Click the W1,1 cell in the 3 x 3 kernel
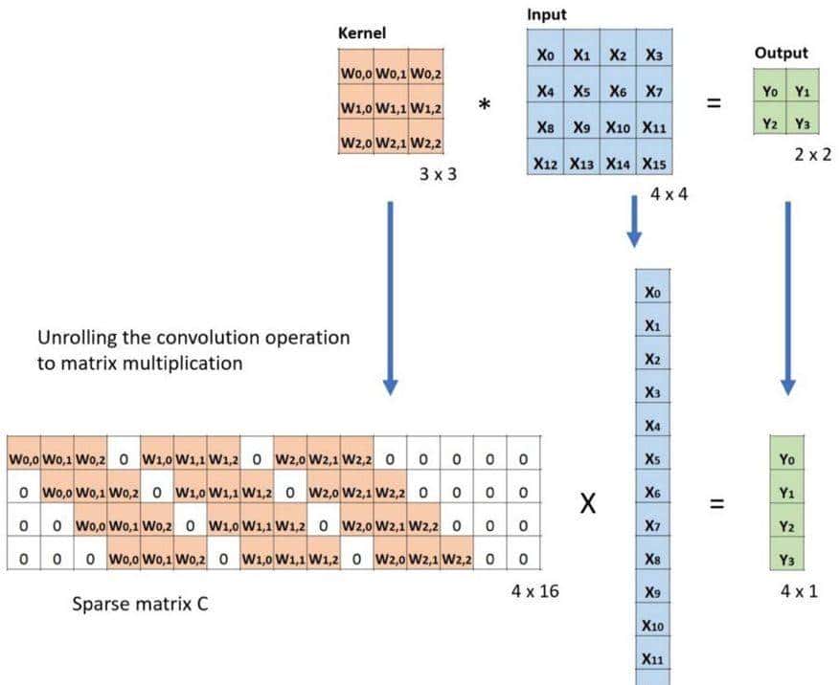click(391, 108)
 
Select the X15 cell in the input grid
click(654, 164)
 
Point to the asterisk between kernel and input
click(485, 107)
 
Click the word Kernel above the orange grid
click(361, 33)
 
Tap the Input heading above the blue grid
click(547, 15)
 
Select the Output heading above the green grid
click(782, 54)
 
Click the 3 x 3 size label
click(437, 175)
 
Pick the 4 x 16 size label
click(534, 591)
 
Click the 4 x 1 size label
click(799, 591)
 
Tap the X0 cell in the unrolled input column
click(653, 293)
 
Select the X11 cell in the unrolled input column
click(653, 658)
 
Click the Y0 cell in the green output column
click(787, 459)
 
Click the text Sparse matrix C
click(140, 605)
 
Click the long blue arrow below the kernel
click(390, 297)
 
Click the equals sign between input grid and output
click(712, 105)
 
